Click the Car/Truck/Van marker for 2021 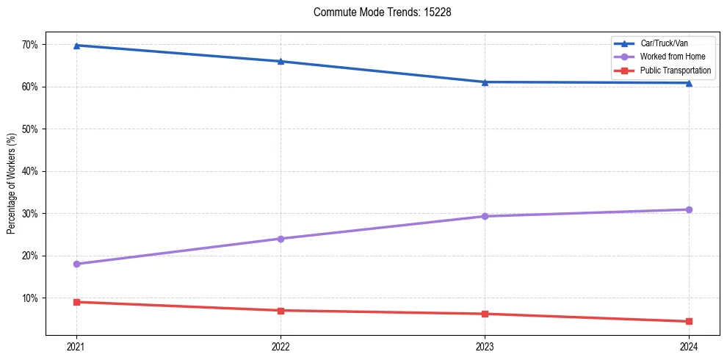pyautogui.click(x=76, y=46)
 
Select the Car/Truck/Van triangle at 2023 pyautogui.click(x=485, y=82)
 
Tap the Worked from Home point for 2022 pyautogui.click(x=281, y=239)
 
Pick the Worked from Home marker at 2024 pyautogui.click(x=689, y=210)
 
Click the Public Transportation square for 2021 pyautogui.click(x=76, y=302)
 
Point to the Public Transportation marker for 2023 pyautogui.click(x=485, y=314)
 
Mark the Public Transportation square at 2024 pyautogui.click(x=689, y=321)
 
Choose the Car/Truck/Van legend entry pyautogui.click(x=664, y=43)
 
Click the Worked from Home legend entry pyautogui.click(x=672, y=57)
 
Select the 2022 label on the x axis pyautogui.click(x=281, y=346)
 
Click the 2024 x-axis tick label pyautogui.click(x=689, y=346)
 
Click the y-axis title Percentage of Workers pyautogui.click(x=12, y=184)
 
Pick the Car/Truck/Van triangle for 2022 pyautogui.click(x=281, y=61)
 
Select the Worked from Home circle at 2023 pyautogui.click(x=485, y=217)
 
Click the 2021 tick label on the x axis pyautogui.click(x=76, y=346)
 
